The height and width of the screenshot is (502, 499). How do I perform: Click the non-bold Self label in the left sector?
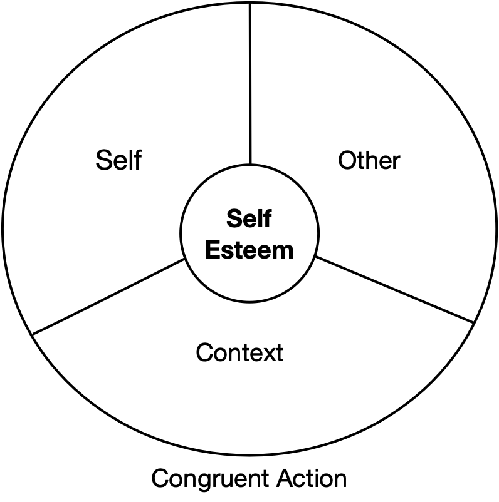(118, 160)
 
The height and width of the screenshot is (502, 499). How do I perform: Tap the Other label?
(369, 161)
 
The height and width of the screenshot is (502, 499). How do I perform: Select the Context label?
(239, 353)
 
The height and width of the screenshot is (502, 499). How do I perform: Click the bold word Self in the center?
(249, 219)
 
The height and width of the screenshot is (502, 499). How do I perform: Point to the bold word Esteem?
(249, 250)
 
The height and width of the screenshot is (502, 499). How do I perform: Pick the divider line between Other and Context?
(395, 290)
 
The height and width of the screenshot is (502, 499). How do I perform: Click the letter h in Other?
(370, 160)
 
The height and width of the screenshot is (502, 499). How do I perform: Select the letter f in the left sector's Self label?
(135, 160)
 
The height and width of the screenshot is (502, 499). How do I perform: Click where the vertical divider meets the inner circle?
(250, 163)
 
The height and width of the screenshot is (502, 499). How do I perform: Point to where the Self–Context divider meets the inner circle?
(185, 259)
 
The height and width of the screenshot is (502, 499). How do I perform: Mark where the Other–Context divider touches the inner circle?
(315, 256)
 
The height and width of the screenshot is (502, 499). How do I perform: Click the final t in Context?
(280, 354)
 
